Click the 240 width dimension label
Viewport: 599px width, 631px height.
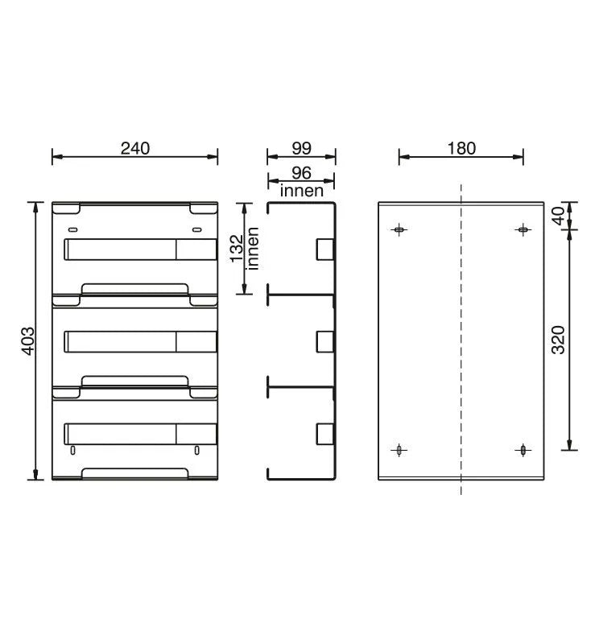coord(135,148)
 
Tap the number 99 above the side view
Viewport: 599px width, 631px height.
coord(301,148)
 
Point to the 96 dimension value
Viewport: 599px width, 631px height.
coord(301,174)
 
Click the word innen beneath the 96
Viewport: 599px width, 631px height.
coord(301,192)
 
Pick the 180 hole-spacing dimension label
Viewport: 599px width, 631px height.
coord(461,148)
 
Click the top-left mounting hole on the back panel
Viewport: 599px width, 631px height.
coord(399,230)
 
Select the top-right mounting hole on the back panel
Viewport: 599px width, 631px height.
coord(523,230)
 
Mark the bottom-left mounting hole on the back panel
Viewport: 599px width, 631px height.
coord(399,450)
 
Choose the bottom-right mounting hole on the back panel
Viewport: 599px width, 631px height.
coord(523,450)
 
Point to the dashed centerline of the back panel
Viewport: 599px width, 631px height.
coord(461,338)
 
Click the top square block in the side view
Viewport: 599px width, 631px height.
coord(324,250)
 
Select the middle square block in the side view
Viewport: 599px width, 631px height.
coord(324,342)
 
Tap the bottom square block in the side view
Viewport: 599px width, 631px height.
coord(324,434)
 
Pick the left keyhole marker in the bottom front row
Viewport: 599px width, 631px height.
coord(73,450)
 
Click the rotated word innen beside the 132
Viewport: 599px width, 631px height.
coord(253,248)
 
